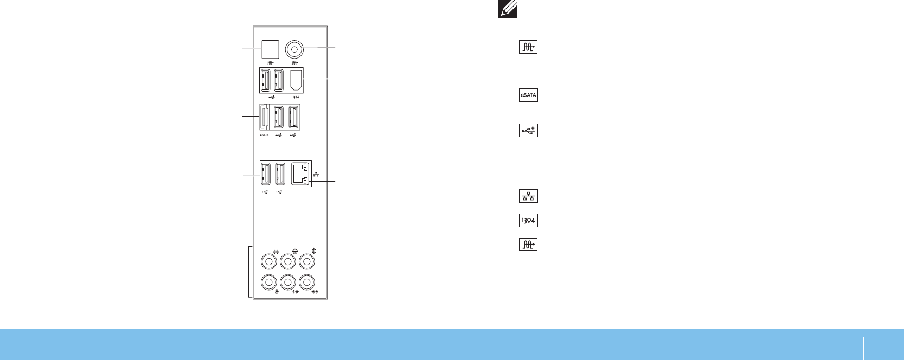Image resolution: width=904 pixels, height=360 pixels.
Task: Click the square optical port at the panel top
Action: tap(270, 49)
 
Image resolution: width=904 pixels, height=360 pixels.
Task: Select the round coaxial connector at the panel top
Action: tap(294, 49)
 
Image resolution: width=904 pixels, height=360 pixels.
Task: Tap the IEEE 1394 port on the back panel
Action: tap(296, 81)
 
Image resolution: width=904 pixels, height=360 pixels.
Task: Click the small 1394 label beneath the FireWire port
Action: tap(296, 98)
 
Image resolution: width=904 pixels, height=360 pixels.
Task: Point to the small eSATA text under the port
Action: tap(265, 135)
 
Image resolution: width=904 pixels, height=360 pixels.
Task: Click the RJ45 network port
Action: tap(300, 173)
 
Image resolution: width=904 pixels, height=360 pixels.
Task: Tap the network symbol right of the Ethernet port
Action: tap(316, 175)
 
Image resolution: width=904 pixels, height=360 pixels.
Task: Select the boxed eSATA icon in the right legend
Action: tap(528, 95)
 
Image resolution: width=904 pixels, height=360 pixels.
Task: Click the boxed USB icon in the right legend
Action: tap(528, 131)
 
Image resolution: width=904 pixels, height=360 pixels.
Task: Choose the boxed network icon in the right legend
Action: tap(528, 196)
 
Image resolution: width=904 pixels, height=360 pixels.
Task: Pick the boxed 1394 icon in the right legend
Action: tap(528, 221)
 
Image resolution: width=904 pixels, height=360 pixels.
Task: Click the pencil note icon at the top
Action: tap(508, 9)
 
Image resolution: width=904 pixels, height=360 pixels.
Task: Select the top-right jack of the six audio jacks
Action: tap(307, 262)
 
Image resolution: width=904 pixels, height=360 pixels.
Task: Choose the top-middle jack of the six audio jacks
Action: tap(288, 262)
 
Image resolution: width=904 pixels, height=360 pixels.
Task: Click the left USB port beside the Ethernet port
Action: tap(266, 173)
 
